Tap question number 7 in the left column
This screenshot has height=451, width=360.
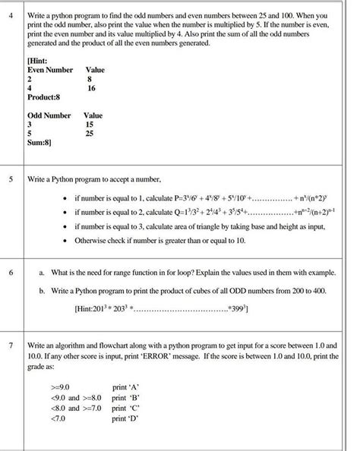11,344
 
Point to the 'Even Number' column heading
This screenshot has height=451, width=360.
50,69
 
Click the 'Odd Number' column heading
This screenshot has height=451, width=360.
49,115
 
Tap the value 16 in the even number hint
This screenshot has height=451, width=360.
92,88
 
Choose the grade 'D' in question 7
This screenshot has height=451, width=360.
125,417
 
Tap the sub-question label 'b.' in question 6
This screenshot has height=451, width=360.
41,290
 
